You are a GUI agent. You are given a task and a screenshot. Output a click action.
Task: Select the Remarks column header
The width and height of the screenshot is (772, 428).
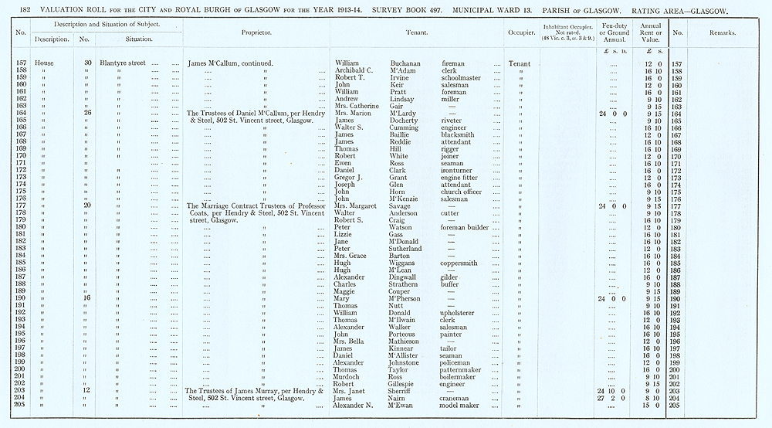(x=723, y=34)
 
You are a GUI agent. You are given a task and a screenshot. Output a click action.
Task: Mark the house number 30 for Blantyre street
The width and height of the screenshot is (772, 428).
(x=87, y=63)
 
